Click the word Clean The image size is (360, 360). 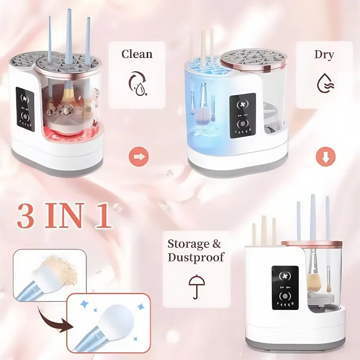pyautogui.click(x=137, y=54)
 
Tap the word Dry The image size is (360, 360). pyautogui.click(x=324, y=55)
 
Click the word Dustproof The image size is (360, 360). pyautogui.click(x=196, y=258)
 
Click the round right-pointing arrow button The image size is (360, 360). pyautogui.click(x=139, y=157)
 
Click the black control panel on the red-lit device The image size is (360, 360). pyautogui.click(x=25, y=108)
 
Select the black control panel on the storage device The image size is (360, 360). pyautogui.click(x=285, y=288)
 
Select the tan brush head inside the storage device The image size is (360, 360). pyautogui.click(x=314, y=281)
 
